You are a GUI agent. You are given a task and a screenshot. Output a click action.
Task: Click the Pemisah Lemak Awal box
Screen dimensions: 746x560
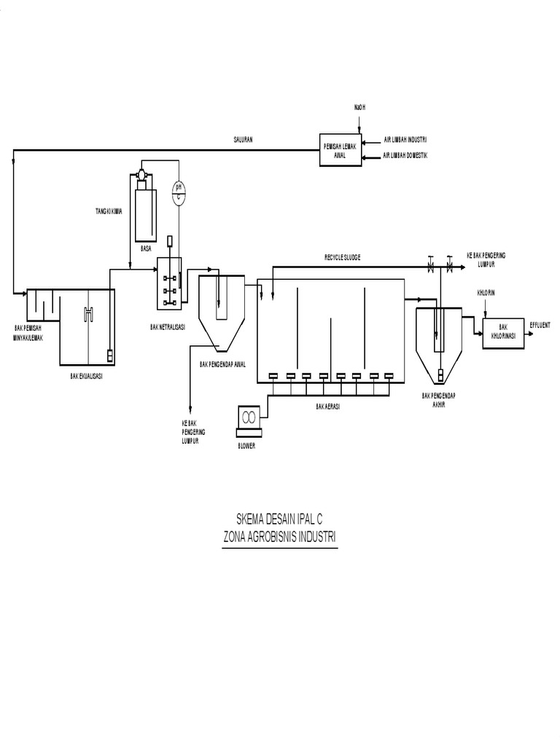point(339,150)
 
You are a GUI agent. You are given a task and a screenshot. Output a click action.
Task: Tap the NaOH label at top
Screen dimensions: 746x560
point(359,107)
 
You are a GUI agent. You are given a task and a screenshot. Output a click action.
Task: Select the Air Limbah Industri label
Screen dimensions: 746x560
point(405,140)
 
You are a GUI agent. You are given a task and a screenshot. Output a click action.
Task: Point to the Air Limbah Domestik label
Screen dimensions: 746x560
point(406,155)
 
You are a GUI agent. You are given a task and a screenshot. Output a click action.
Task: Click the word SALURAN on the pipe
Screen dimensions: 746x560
point(243,141)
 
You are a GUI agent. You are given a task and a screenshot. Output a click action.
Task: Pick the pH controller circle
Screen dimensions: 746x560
point(178,194)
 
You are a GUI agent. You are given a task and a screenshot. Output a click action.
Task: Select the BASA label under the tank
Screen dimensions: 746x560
point(146,248)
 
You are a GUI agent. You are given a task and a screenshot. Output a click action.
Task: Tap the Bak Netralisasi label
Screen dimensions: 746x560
point(168,328)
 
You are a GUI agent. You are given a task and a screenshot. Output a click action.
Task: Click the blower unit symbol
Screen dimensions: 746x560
point(249,417)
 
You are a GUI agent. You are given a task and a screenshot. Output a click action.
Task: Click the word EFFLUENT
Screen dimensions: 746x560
point(540,322)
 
